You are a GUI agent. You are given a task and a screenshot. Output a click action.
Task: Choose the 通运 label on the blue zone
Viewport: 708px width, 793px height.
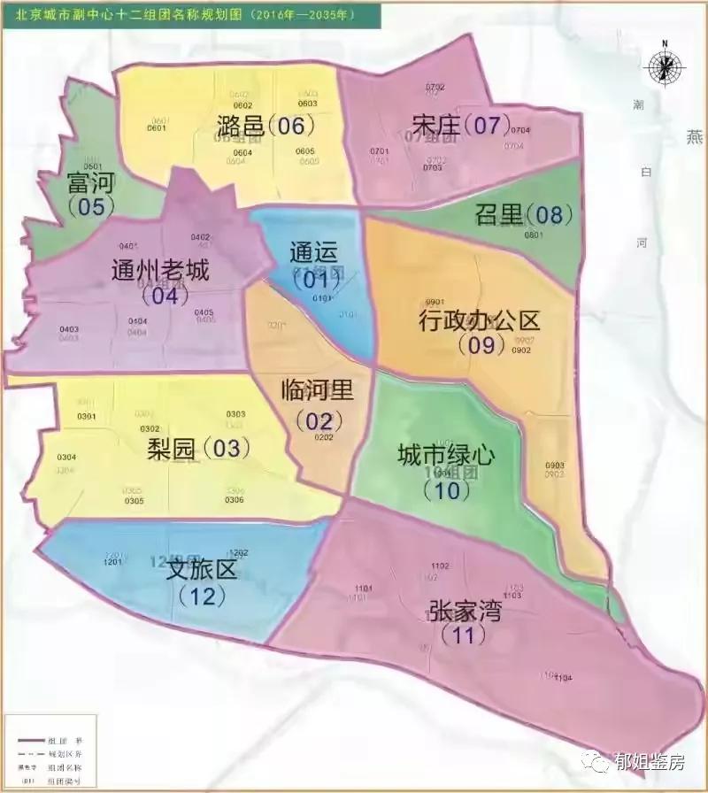click(x=313, y=252)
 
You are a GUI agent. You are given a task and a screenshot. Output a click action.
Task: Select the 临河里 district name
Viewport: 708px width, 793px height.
click(x=317, y=389)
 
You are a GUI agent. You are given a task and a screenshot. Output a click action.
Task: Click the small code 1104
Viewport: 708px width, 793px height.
click(x=563, y=678)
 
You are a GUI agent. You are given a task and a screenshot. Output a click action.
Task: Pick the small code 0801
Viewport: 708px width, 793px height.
click(x=534, y=235)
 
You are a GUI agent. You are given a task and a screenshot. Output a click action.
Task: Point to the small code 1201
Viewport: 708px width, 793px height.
click(x=112, y=562)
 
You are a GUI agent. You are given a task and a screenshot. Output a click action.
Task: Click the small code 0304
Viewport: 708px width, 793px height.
click(x=66, y=457)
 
